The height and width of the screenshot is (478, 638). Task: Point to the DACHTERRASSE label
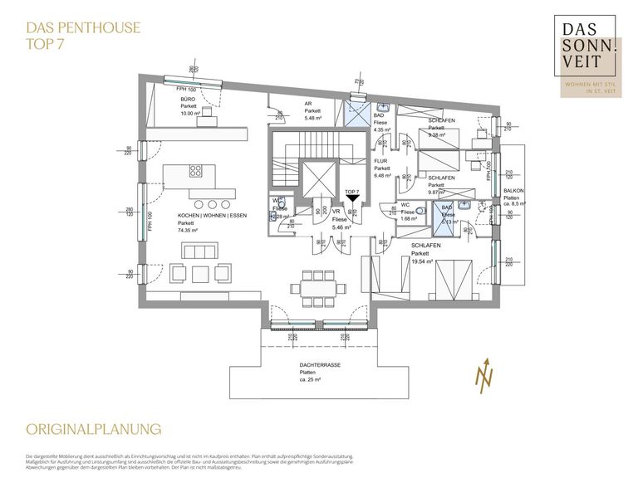tap(320, 365)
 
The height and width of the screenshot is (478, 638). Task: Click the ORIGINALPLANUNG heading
tap(92, 429)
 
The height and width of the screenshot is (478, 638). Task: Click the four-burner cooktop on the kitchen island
tap(196, 172)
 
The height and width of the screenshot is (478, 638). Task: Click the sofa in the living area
tap(200, 251)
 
